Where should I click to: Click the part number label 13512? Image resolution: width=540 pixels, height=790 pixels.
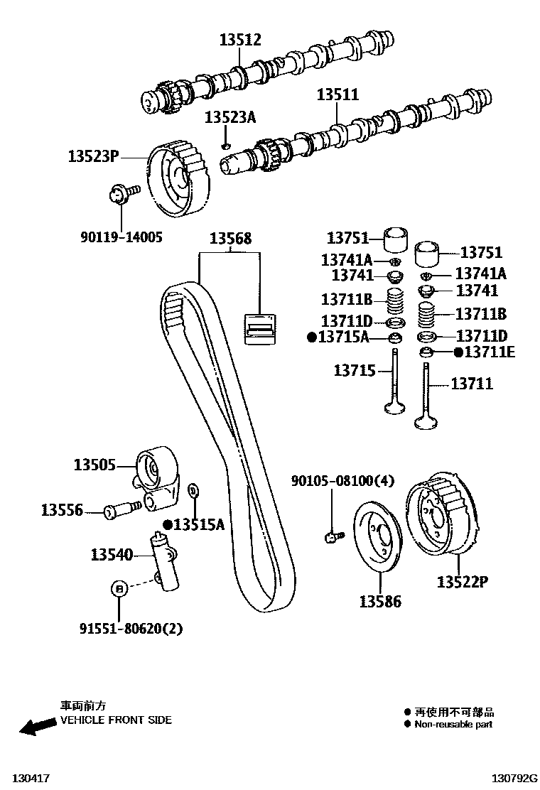pyautogui.click(x=240, y=40)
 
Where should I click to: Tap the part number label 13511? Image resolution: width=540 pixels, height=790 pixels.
pyautogui.click(x=337, y=94)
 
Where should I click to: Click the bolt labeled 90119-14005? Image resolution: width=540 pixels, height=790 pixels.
pyautogui.click(x=118, y=195)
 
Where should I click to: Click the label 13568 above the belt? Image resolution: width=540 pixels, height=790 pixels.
pyautogui.click(x=229, y=239)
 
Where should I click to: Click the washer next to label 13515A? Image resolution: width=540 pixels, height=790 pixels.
pyautogui.click(x=193, y=490)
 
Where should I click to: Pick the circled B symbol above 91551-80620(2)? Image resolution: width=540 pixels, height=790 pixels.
pyautogui.click(x=119, y=588)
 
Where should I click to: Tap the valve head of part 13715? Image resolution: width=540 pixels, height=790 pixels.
pyautogui.click(x=394, y=407)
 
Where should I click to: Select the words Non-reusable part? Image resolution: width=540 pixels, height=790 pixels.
pyautogui.click(x=453, y=725)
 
